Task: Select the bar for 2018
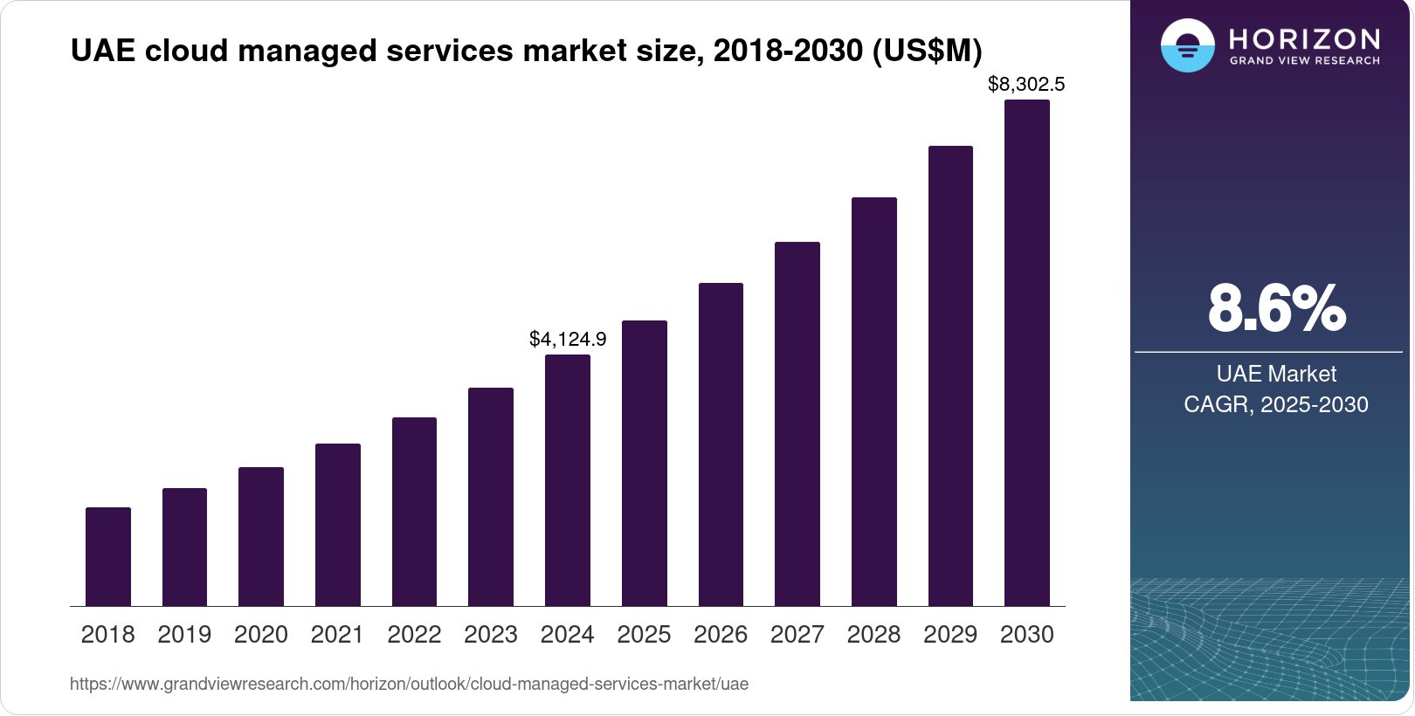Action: pyautogui.click(x=108, y=556)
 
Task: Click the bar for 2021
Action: pyautogui.click(x=338, y=524)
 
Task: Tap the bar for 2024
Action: pyautogui.click(x=568, y=480)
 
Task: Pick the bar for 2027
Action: pyautogui.click(x=797, y=423)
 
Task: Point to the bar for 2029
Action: pyautogui.click(x=950, y=375)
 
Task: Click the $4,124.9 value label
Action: pyautogui.click(x=568, y=339)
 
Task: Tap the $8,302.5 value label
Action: pyautogui.click(x=1026, y=85)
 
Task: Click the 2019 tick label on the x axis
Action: pyautogui.click(x=184, y=635)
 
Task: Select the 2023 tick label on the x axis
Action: pyautogui.click(x=491, y=635)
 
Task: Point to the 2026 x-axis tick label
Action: pyautogui.click(x=721, y=635)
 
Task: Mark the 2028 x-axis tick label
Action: pyautogui.click(x=873, y=635)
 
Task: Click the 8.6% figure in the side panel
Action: pyautogui.click(x=1276, y=309)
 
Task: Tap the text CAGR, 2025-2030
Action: pyautogui.click(x=1276, y=404)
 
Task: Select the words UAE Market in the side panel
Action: pyautogui.click(x=1276, y=374)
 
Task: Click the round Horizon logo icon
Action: pyautogui.click(x=1187, y=45)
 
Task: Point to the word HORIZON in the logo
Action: pyautogui.click(x=1304, y=39)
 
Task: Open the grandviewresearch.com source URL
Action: pyautogui.click(x=409, y=684)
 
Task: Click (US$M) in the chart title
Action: pyautogui.click(x=928, y=51)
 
